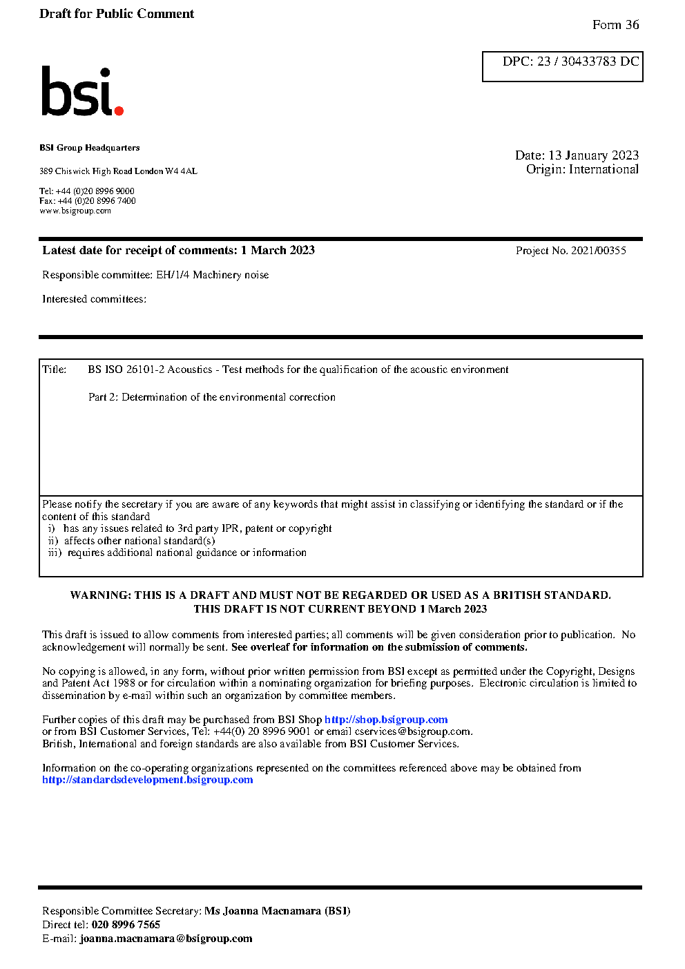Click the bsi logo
(81, 91)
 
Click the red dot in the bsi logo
(119, 110)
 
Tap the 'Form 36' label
(615, 25)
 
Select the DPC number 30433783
(588, 61)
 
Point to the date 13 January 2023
(593, 155)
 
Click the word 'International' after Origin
(604, 169)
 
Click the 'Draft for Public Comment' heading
(117, 14)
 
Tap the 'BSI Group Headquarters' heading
(89, 148)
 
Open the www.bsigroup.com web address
(75, 211)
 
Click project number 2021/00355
(599, 251)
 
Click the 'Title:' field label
(55, 370)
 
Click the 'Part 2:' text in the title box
(103, 397)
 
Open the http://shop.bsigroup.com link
(386, 720)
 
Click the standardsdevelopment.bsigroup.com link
(147, 780)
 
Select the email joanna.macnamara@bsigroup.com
(166, 939)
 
